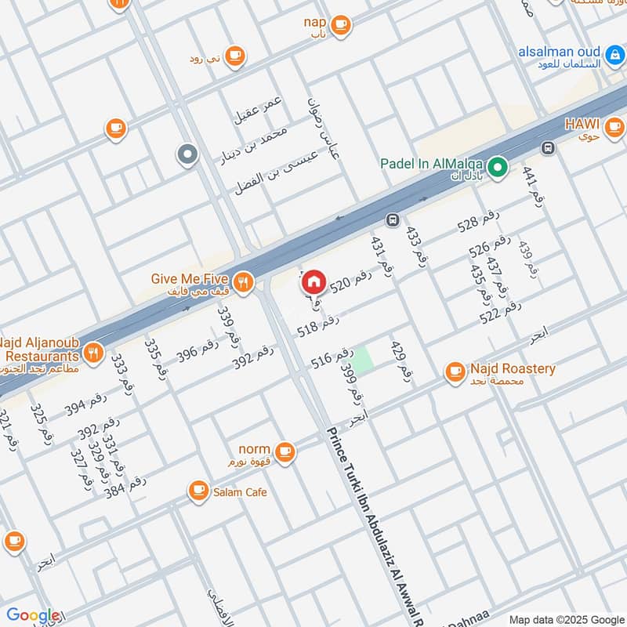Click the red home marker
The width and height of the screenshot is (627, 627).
coord(313,282)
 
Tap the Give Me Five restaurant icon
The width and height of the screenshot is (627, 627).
coord(244,282)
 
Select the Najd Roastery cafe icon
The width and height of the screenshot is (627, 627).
coord(455,371)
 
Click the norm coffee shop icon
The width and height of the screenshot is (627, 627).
coord(285,451)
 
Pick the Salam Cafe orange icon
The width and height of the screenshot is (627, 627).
coord(198,491)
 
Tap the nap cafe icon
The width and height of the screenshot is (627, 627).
coord(339,25)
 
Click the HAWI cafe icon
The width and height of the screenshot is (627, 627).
coord(614,125)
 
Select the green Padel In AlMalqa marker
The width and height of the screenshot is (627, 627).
coord(496,166)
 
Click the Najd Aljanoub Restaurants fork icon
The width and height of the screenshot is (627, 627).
coord(92,353)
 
